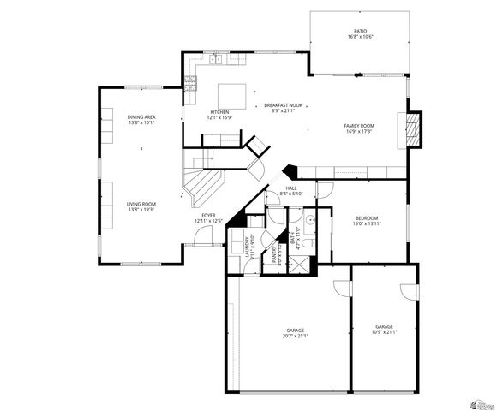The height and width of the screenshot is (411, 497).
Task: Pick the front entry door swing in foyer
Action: click(199, 241)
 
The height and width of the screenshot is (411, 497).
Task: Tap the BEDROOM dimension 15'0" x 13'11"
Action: click(367, 223)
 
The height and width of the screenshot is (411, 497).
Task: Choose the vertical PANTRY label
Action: click(275, 253)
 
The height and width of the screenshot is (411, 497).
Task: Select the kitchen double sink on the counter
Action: click(215, 60)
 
